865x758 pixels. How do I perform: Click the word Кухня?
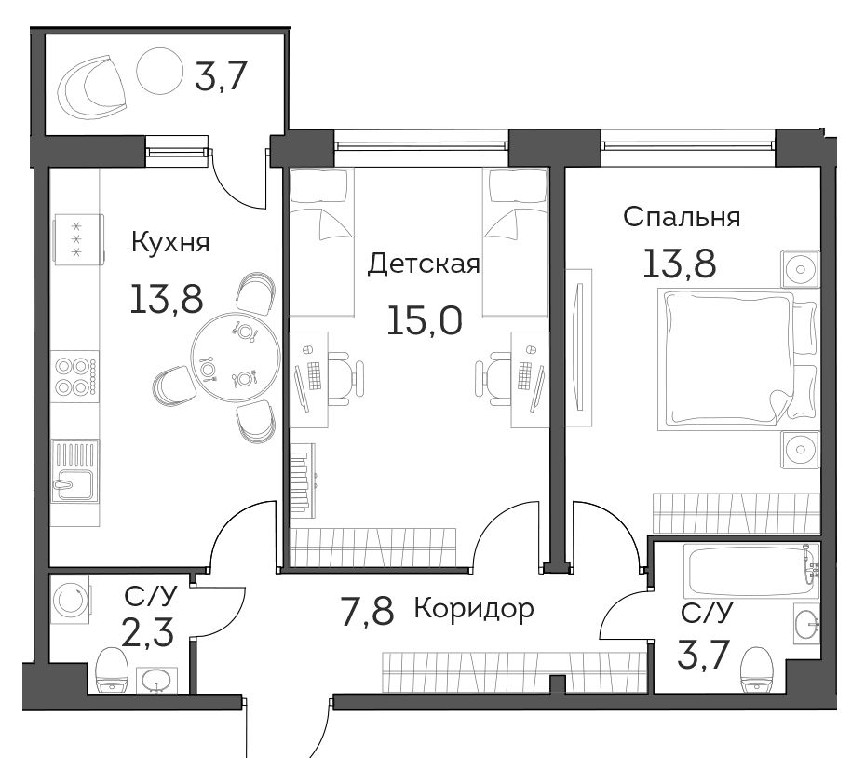pyautogui.click(x=170, y=243)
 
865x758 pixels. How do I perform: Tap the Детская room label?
pyautogui.click(x=423, y=264)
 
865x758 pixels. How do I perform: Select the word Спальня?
pyautogui.click(x=682, y=217)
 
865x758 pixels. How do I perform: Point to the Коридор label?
pyautogui.click(x=474, y=610)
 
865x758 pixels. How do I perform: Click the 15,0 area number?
pyautogui.click(x=425, y=320)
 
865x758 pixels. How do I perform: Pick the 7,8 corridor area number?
pyautogui.click(x=368, y=611)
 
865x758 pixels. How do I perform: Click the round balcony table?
pyautogui.click(x=159, y=70)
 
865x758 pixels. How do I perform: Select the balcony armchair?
pyautogui.click(x=92, y=88)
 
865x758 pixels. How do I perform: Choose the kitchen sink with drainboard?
pyautogui.click(x=75, y=471)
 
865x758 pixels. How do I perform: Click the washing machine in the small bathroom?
pyautogui.click(x=71, y=601)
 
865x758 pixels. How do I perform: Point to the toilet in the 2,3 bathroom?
pyautogui.click(x=112, y=670)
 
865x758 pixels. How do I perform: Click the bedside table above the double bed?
pyautogui.click(x=801, y=269)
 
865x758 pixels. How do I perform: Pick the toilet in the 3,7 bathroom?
pyautogui.click(x=756, y=670)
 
